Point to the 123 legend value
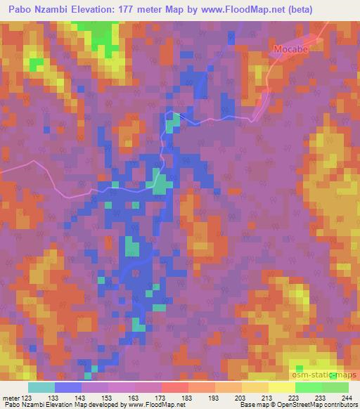click(x=26, y=397)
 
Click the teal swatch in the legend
click(x=41, y=387)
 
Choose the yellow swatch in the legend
click(x=281, y=387)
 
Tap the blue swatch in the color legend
click(x=68, y=387)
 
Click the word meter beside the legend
click(x=9, y=397)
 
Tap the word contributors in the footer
click(x=340, y=405)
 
